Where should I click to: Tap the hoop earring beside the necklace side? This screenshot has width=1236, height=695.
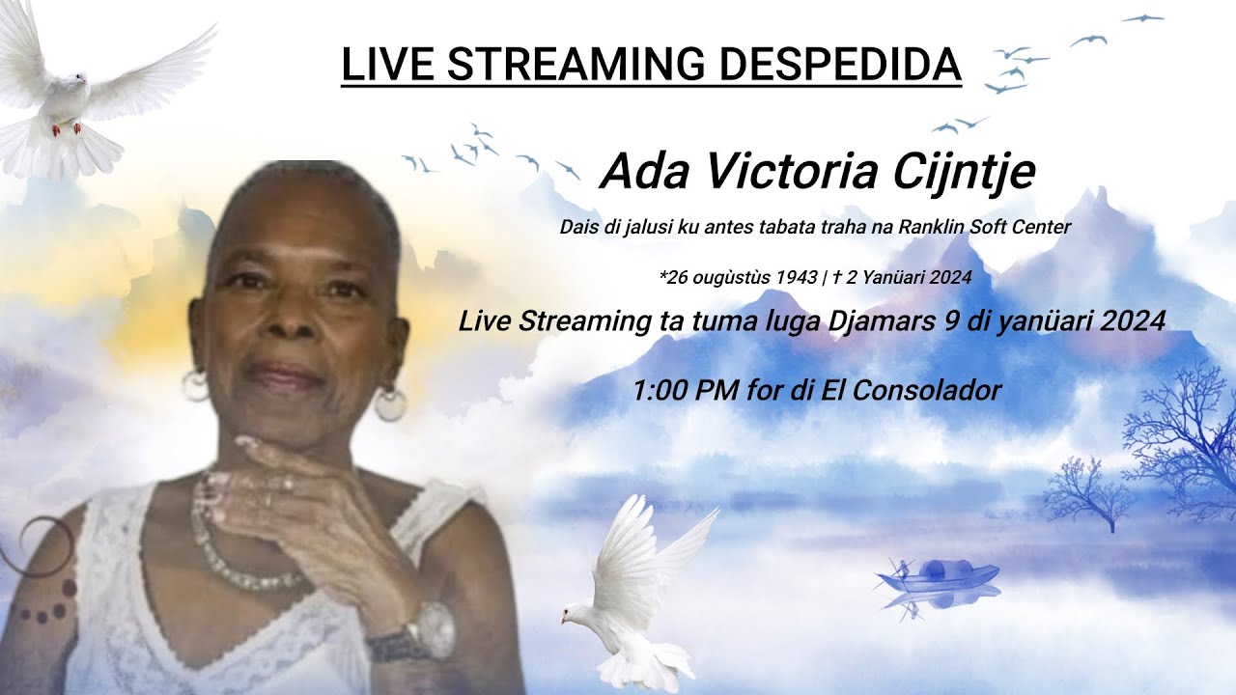[390, 403]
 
